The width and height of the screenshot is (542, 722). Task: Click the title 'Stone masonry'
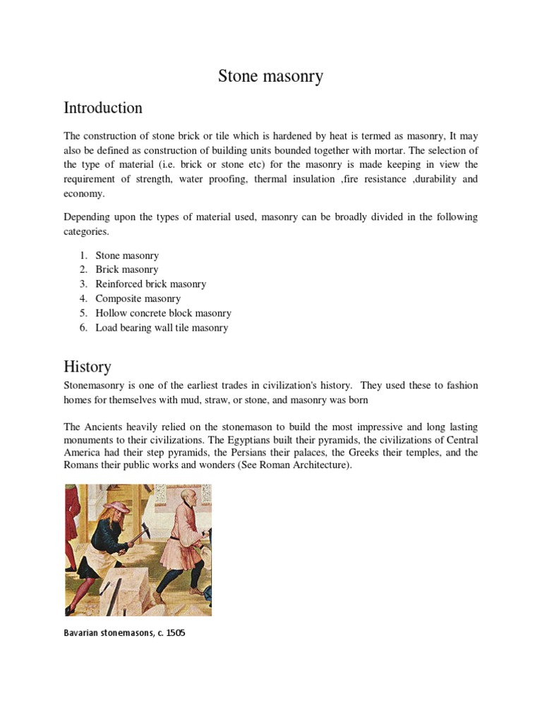point(270,76)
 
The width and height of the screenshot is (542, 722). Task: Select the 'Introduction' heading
point(103,108)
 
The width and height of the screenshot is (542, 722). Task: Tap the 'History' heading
point(88,367)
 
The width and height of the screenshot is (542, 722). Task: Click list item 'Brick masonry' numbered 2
point(127,269)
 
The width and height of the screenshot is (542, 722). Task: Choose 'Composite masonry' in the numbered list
point(138,298)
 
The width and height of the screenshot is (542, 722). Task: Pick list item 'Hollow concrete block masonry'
point(163,313)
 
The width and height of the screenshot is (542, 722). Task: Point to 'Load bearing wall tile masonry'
point(162,328)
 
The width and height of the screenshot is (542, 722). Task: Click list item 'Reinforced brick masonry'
point(151,284)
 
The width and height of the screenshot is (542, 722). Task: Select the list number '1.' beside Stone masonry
point(83,255)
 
